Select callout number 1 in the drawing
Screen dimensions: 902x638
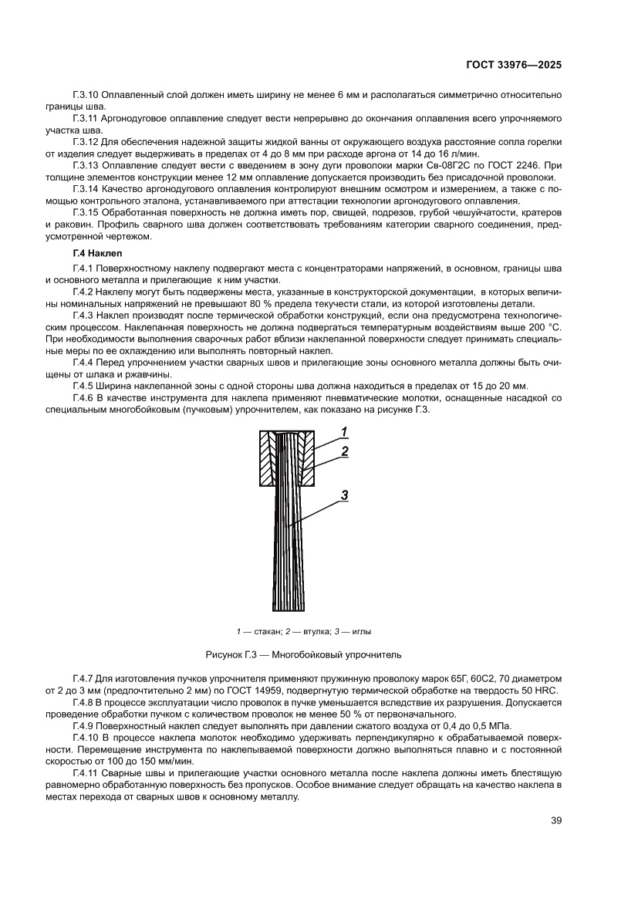344,431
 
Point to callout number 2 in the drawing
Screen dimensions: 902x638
344,451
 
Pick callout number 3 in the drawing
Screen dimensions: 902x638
344,495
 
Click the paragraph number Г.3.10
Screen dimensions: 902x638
87,94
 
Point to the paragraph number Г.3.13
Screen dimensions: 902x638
87,166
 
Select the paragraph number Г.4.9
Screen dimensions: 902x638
85,726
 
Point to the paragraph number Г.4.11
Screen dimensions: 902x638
87,774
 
